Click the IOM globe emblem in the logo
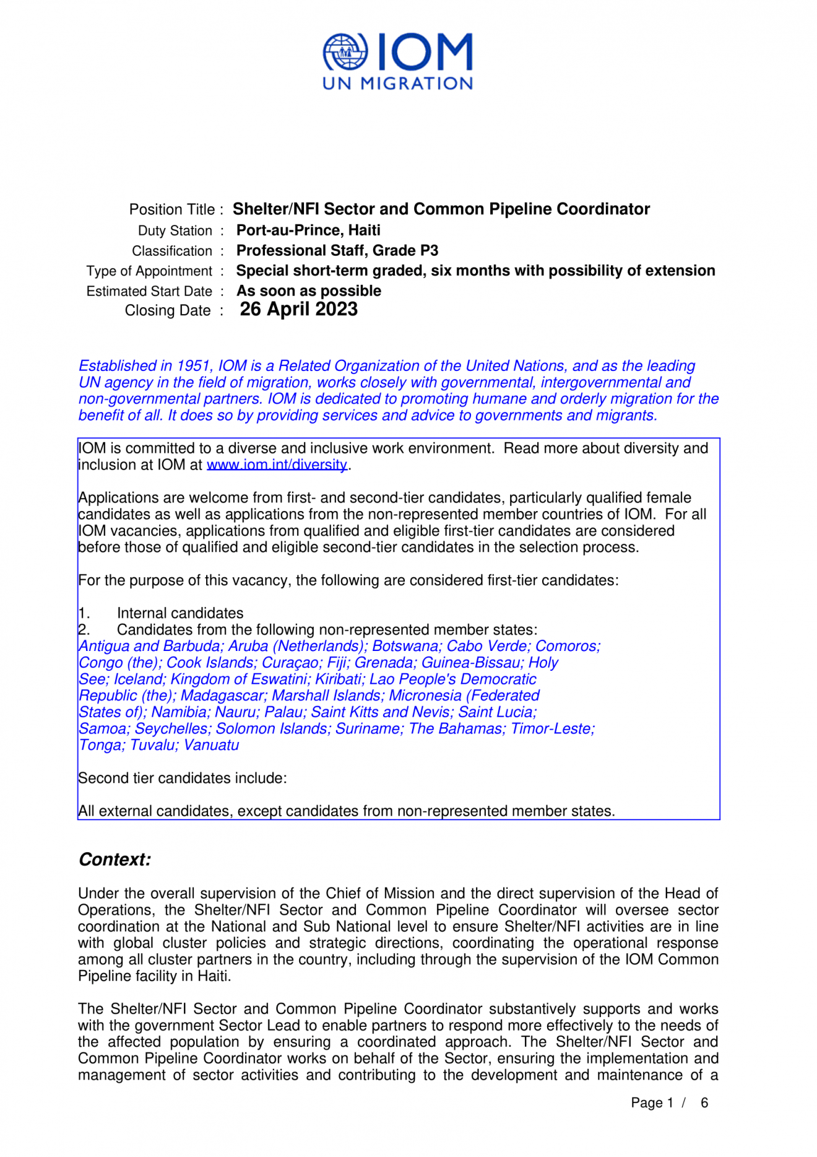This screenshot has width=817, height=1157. [345, 53]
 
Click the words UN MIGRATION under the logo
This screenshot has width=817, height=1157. [398, 84]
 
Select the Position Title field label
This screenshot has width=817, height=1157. [171, 210]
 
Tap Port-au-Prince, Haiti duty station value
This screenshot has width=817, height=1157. [308, 230]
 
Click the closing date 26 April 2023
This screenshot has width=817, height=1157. [298, 309]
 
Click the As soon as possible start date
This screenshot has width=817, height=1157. [308, 291]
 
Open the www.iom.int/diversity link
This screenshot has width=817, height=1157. [277, 465]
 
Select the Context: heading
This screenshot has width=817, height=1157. [115, 860]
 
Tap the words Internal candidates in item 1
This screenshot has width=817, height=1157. [180, 613]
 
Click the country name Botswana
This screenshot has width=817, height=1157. [405, 646]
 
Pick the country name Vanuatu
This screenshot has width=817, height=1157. [212, 745]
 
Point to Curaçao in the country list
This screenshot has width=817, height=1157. [291, 663]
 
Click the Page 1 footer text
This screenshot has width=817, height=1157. [652, 1103]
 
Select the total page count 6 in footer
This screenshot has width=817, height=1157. [704, 1103]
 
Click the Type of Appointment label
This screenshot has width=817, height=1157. [149, 271]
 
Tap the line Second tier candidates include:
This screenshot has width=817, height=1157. [183, 778]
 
